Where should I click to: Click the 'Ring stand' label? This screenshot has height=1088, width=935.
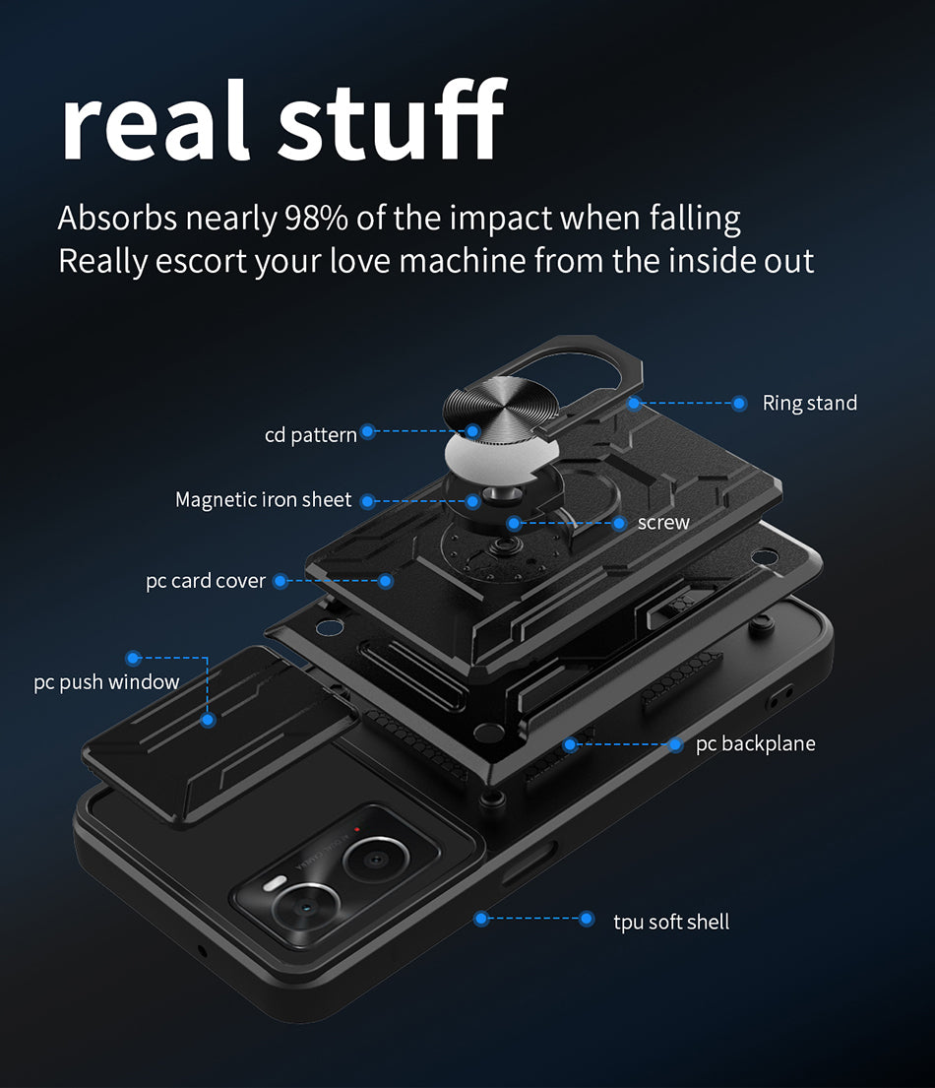[x=809, y=403]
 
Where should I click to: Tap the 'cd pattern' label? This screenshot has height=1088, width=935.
[x=311, y=435]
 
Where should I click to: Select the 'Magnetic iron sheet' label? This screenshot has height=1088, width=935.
[x=264, y=499]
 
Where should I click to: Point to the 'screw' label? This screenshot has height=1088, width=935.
[x=663, y=523]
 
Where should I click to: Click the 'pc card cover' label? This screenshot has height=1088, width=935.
[x=206, y=581]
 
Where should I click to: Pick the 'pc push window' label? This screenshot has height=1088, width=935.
[x=107, y=682]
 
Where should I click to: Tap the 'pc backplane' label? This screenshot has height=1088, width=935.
[x=755, y=743]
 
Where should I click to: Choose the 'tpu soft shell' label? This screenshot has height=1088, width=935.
[x=671, y=923]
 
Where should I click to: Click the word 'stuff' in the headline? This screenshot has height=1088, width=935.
[x=392, y=119]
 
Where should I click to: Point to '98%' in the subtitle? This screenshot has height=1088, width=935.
[x=316, y=218]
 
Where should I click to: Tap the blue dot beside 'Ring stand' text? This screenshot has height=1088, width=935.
[x=739, y=403]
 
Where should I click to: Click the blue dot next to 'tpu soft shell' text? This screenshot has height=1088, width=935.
[x=587, y=919]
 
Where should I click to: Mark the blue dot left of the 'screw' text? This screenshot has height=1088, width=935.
[x=619, y=523]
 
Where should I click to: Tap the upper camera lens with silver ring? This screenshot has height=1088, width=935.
[x=375, y=860]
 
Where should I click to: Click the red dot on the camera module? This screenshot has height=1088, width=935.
[x=357, y=829]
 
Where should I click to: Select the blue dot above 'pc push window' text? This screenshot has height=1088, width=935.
[x=133, y=658]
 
